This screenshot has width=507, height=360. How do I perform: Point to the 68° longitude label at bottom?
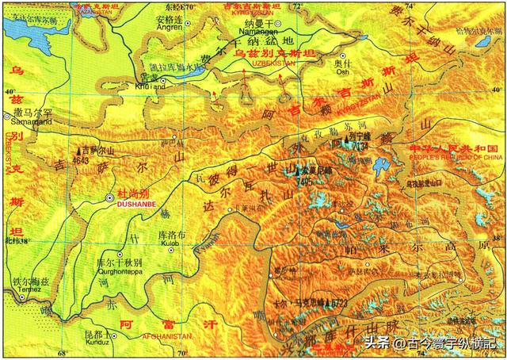point(63,354)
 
